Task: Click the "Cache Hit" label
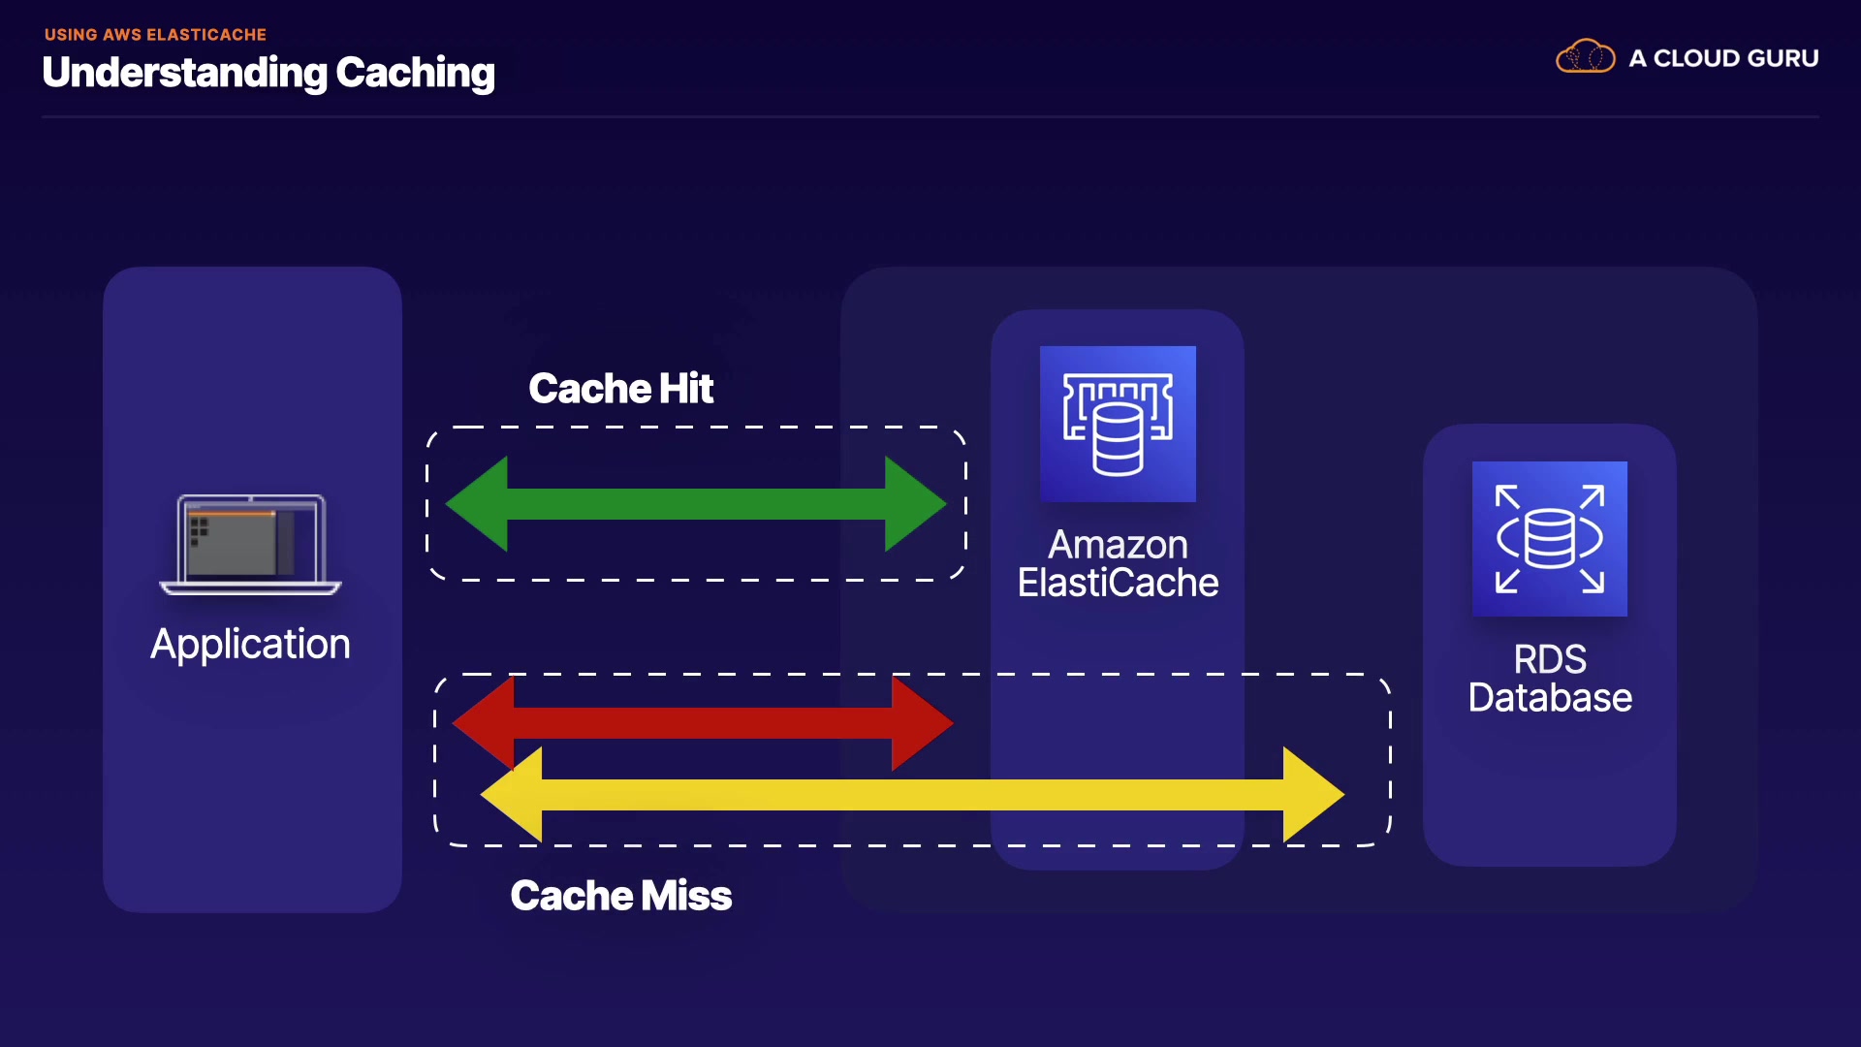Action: (x=620, y=389)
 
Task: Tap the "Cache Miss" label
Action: (x=620, y=896)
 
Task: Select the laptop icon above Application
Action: (x=250, y=544)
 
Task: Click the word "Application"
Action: (x=250, y=645)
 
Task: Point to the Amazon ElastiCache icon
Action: (x=1118, y=424)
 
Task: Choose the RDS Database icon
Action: (x=1549, y=539)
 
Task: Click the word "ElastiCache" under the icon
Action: (x=1118, y=584)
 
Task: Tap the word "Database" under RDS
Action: (x=1550, y=698)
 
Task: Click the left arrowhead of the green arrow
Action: (x=479, y=504)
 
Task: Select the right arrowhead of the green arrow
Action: (x=913, y=504)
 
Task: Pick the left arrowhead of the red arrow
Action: (x=485, y=722)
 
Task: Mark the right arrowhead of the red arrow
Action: (x=921, y=723)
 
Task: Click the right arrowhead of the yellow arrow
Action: (x=1312, y=795)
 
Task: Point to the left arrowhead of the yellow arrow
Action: (x=513, y=795)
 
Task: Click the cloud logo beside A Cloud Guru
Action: (x=1585, y=57)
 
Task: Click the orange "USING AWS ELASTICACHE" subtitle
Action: (x=155, y=35)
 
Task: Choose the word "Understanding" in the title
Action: (x=184, y=74)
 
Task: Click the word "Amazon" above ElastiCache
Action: (x=1118, y=545)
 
